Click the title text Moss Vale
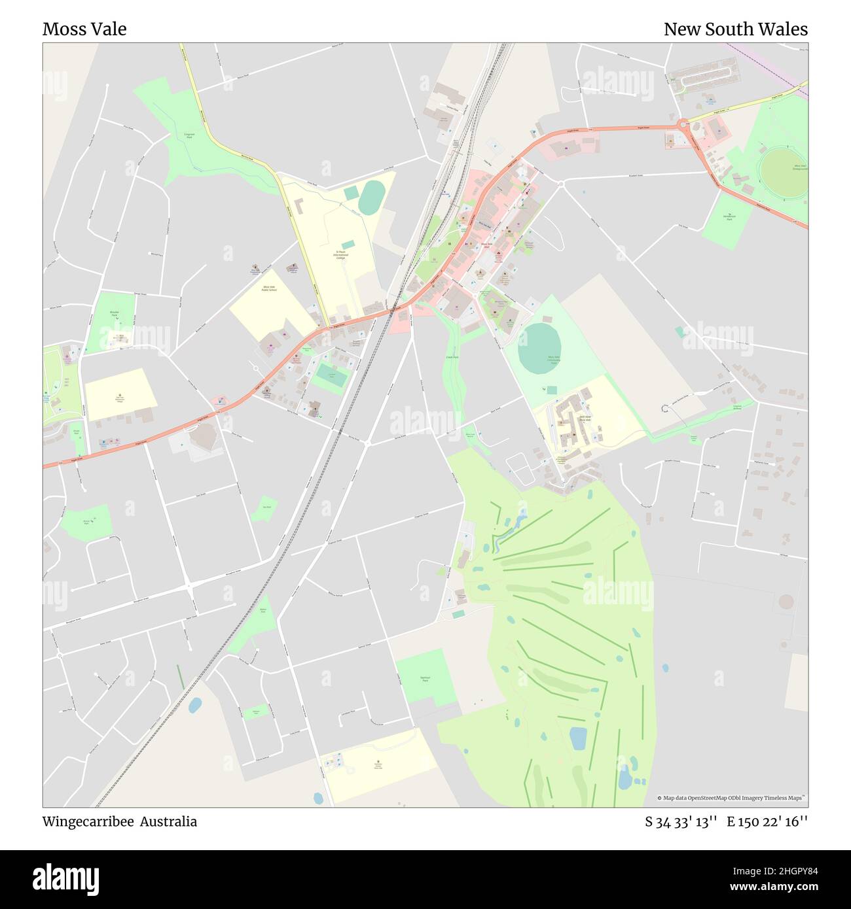coord(84,29)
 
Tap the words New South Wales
coord(735,29)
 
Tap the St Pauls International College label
coord(340,254)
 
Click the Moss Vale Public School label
coord(269,288)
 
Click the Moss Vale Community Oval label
coord(554,359)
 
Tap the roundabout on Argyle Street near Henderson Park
coord(683,124)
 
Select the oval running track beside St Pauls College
coord(371,197)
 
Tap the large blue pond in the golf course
coord(578,738)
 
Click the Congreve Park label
coord(189,136)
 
